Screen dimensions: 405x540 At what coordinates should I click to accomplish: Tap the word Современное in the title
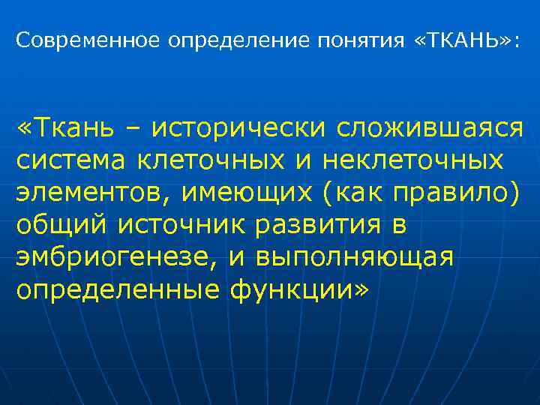pyautogui.click(x=88, y=40)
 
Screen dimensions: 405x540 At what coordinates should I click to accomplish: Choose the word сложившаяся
pyautogui.click(x=430, y=128)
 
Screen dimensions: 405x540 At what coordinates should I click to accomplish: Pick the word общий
pyautogui.click(x=61, y=225)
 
